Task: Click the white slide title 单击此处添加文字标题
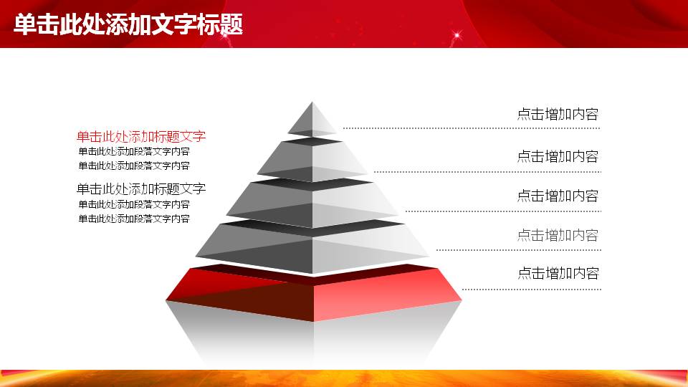[128, 24]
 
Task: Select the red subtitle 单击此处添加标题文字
[141, 136]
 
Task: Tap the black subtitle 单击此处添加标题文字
[141, 189]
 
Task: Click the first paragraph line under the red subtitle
[134, 152]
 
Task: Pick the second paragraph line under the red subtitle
[134, 166]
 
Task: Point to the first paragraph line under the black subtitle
[134, 204]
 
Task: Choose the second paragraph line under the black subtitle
[134, 219]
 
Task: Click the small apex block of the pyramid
[312, 120]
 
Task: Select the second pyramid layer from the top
[312, 160]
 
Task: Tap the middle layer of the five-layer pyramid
[312, 203]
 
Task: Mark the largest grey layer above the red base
[312, 246]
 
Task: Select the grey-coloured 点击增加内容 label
[558, 236]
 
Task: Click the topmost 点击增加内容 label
[558, 115]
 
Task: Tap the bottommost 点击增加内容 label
[558, 273]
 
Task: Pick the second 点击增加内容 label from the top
[558, 157]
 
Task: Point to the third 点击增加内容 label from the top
[558, 196]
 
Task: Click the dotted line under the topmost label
[472, 128]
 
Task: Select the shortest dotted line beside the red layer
[532, 290]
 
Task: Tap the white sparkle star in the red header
[457, 34]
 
